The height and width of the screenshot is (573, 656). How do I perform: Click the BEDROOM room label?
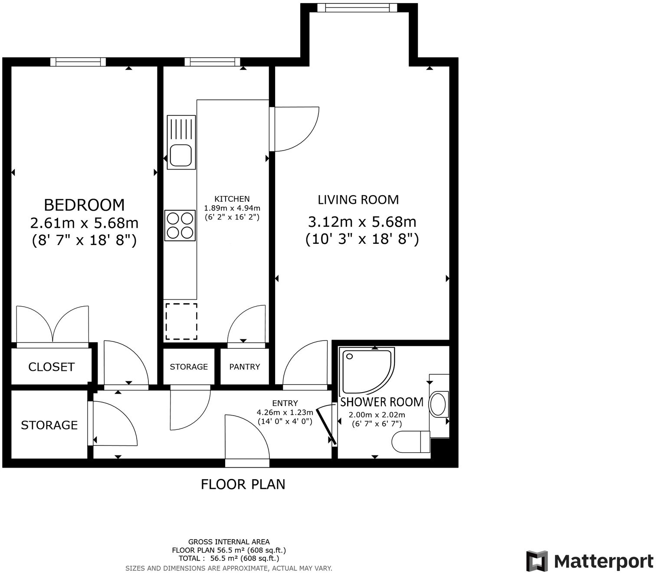84,205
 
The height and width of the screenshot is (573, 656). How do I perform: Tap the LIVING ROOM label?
358,200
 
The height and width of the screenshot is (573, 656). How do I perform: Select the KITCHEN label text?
232,199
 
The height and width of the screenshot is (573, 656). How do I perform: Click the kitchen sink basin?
180,155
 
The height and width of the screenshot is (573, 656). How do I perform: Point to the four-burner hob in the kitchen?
180,225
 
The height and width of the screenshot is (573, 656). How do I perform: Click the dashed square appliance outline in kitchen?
181,321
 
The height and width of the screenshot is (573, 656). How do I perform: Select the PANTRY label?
244,367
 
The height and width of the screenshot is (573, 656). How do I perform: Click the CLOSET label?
51,367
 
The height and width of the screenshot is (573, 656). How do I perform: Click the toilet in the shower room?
410,442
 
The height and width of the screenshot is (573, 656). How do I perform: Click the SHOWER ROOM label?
381,402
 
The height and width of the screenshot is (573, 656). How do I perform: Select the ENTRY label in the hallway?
285,403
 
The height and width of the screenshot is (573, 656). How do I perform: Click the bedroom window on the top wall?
78,62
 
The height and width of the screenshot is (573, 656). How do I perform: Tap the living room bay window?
357,8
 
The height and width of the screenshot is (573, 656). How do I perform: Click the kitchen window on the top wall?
212,62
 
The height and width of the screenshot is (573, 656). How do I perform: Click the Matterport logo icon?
537,561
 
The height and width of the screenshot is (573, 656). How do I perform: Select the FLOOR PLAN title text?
243,484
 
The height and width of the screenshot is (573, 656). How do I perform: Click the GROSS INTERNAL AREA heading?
229,542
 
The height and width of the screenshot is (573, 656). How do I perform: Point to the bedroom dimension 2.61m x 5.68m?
84,223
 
